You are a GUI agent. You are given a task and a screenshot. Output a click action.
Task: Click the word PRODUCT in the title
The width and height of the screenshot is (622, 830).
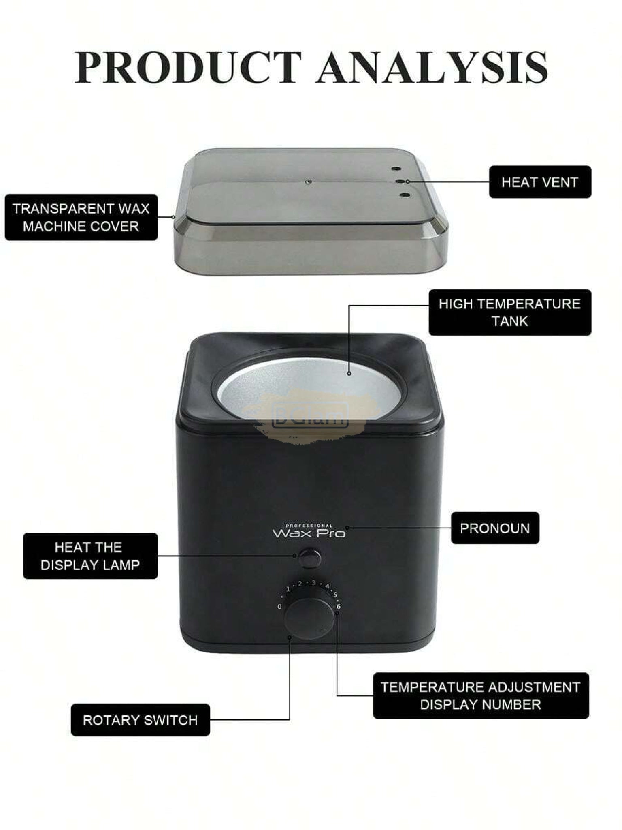[x=189, y=67]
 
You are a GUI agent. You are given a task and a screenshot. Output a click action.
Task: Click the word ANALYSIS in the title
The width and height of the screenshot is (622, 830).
[x=432, y=67]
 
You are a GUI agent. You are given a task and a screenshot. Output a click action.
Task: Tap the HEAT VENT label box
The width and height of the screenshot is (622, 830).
[x=540, y=182]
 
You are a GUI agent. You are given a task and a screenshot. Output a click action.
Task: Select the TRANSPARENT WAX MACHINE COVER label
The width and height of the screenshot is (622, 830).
[x=81, y=217]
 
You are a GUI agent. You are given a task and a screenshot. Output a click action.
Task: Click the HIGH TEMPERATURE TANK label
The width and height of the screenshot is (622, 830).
[x=510, y=312]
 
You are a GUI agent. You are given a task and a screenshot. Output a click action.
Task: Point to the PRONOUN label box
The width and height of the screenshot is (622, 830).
[x=495, y=528]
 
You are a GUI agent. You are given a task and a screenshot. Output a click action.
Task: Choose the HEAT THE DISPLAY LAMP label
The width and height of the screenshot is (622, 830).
[x=90, y=556]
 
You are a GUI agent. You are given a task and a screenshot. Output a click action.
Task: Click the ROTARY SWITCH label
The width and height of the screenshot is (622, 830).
[x=141, y=720]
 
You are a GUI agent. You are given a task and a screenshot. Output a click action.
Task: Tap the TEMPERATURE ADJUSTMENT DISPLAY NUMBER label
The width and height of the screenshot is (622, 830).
[x=481, y=696]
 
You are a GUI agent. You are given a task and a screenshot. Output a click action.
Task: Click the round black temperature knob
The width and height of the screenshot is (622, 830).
[x=309, y=619]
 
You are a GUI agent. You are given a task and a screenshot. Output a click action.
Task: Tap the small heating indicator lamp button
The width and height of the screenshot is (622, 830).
[x=309, y=558]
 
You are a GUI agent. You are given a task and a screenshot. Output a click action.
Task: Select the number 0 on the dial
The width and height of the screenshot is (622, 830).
[x=279, y=607]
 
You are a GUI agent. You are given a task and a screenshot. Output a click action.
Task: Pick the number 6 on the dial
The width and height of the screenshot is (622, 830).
[x=339, y=606]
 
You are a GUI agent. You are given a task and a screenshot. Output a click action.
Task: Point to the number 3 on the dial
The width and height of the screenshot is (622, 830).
[x=313, y=583]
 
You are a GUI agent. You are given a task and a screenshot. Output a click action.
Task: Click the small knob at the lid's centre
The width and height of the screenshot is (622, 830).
[x=309, y=182]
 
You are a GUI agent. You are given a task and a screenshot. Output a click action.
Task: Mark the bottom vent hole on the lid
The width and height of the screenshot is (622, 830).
[x=404, y=195]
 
